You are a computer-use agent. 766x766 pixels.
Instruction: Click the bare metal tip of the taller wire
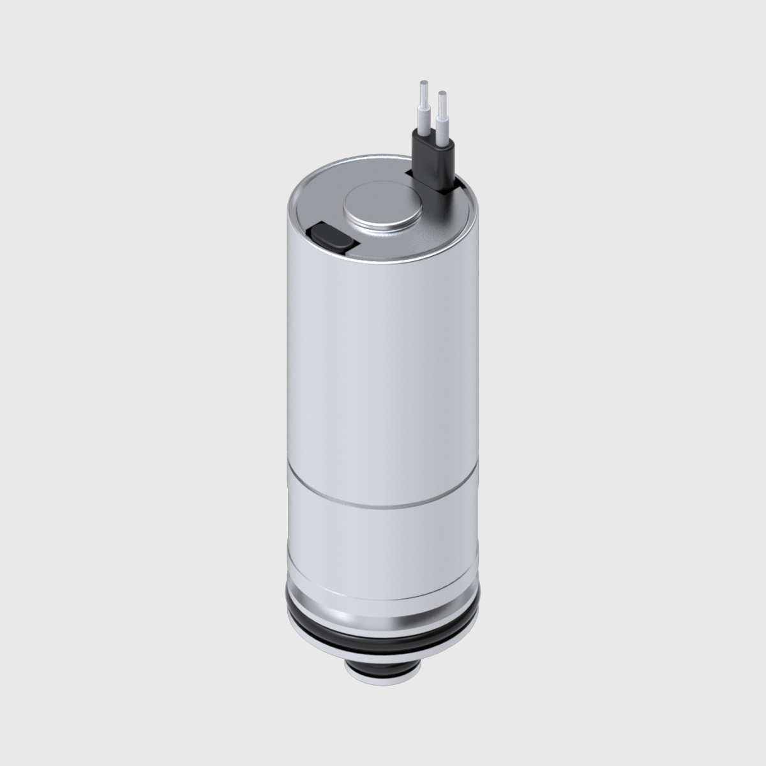coord(423,90)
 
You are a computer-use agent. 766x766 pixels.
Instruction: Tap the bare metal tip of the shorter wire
coord(441,101)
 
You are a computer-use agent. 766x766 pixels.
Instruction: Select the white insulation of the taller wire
coord(424,117)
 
